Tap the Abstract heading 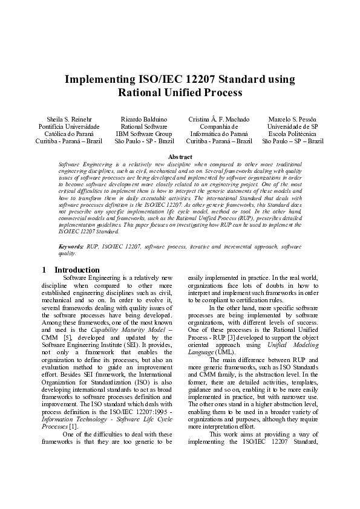[180, 157]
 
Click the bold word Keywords [71, 247]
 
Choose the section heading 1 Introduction [71, 270]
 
